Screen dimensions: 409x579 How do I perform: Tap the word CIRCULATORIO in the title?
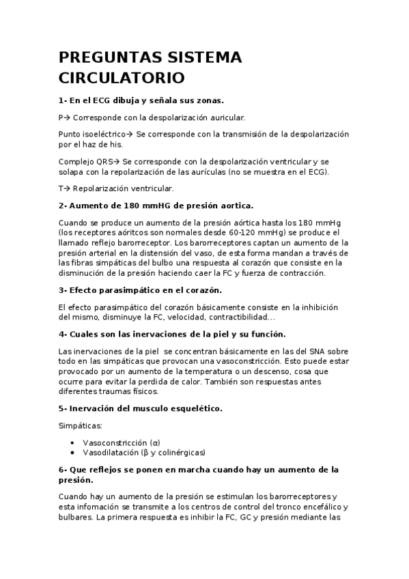point(120,74)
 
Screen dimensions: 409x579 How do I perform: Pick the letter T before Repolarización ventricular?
point(61,188)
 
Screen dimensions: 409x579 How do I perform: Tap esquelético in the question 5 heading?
point(190,408)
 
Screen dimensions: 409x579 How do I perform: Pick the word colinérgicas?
point(180,452)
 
